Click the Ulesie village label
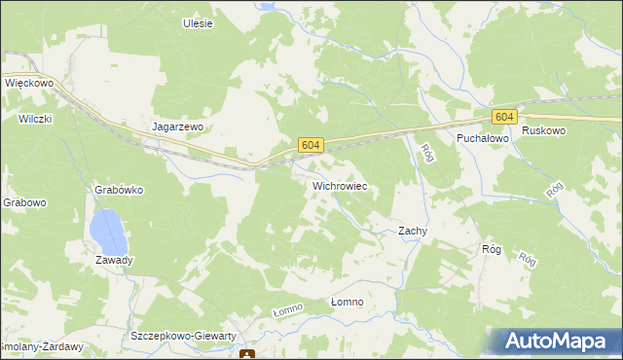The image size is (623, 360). tap(198, 22)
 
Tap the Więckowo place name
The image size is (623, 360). tap(28, 84)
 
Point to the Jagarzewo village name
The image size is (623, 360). tap(177, 126)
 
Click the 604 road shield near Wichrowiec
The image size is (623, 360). tap(311, 144)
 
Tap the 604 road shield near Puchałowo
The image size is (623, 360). tap(503, 117)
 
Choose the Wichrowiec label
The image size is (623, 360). tap(339, 184)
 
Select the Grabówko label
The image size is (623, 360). tap(119, 190)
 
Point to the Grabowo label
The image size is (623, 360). tap(23, 202)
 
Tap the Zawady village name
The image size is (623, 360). tap(114, 260)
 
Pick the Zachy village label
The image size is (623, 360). tap(413, 231)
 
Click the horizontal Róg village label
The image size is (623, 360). tap(491, 249)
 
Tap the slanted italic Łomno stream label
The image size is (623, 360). tap(288, 309)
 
